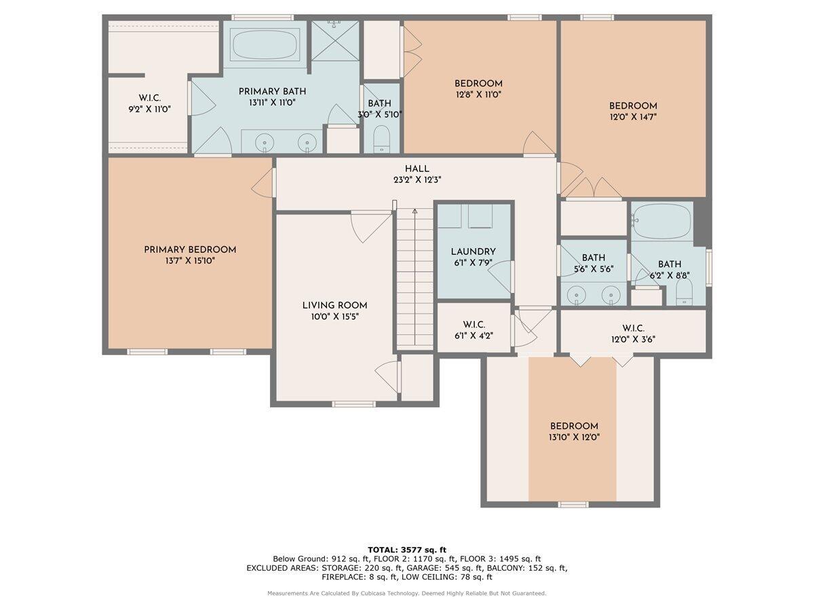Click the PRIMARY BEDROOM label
(190, 249)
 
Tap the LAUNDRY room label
(473, 252)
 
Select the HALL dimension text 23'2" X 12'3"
(417, 180)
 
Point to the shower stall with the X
(335, 41)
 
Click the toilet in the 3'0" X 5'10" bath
(382, 139)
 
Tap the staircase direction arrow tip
(415, 210)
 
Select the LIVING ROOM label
(335, 306)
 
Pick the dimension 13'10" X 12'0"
(574, 437)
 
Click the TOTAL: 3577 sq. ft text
(407, 550)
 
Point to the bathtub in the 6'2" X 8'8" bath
(661, 221)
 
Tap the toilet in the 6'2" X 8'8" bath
(684, 291)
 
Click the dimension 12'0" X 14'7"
(633, 117)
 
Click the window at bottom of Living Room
(353, 404)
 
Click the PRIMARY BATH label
(272, 91)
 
